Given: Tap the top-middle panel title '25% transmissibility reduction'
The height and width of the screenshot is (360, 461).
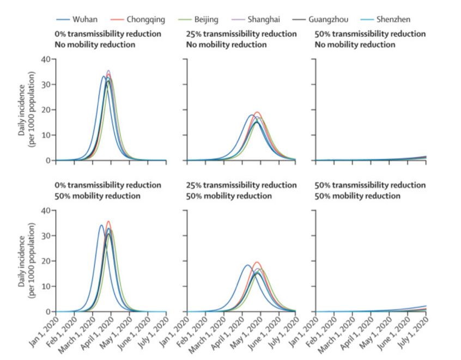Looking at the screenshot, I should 240,34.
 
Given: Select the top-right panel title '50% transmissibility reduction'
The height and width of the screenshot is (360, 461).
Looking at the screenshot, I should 370,34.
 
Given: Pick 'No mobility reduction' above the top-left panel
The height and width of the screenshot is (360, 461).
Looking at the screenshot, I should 94,45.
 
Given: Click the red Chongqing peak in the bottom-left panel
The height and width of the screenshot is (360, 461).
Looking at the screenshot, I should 109,222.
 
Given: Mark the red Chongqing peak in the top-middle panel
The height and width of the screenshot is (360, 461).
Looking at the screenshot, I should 258,112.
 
